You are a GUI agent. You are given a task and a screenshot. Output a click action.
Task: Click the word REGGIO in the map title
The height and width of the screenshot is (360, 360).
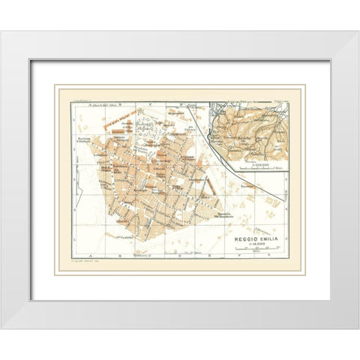click(x=244, y=238)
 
